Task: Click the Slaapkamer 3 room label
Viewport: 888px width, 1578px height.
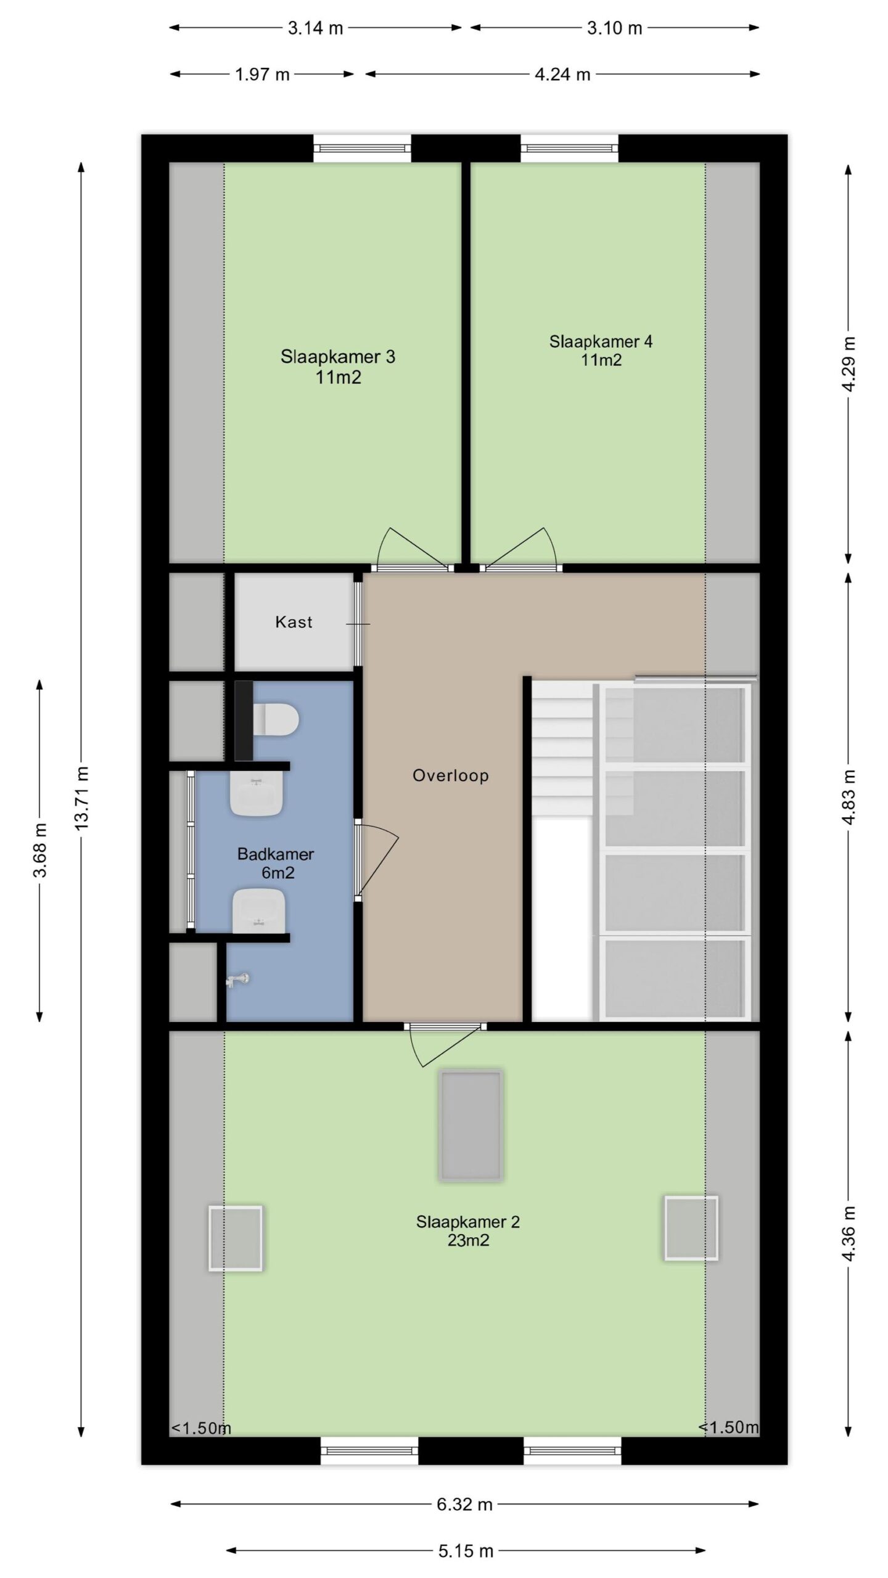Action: [338, 367]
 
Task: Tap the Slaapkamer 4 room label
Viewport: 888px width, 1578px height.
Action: [601, 350]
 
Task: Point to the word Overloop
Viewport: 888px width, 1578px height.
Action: [451, 775]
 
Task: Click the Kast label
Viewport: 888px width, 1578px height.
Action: [294, 622]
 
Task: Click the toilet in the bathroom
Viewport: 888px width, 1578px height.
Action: [276, 719]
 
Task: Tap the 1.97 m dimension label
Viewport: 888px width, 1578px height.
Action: [262, 75]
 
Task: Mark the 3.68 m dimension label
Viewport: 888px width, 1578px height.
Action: [41, 849]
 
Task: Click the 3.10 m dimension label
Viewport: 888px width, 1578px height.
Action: [614, 28]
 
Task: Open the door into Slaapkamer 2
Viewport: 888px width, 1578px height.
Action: [445, 1044]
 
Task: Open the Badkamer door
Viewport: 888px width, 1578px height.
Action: [376, 860]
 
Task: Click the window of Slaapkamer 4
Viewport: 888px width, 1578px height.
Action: [569, 149]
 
